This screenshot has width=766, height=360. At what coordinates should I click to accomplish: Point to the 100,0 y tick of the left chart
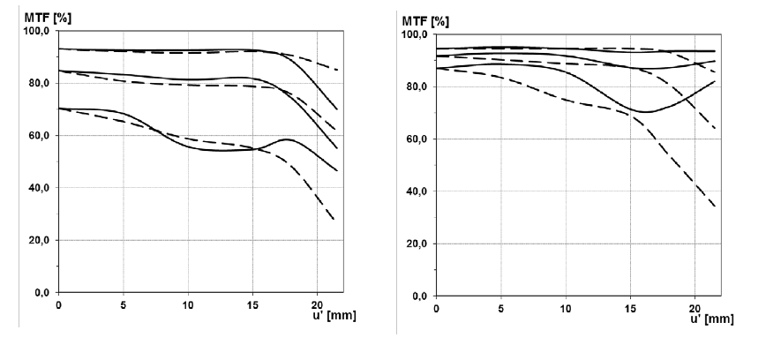coord(38,32)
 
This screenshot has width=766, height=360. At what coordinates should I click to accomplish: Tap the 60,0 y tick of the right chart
coord(417,139)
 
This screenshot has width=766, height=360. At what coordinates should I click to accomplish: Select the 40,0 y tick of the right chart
coord(417,191)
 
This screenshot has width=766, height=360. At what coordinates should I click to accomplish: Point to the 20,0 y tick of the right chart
coord(417,244)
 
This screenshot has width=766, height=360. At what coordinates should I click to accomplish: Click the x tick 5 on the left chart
coord(124,304)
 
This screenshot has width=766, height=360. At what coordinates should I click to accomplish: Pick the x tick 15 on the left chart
coord(252,304)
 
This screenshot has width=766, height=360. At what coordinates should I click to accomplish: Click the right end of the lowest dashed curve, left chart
coord(334,221)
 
